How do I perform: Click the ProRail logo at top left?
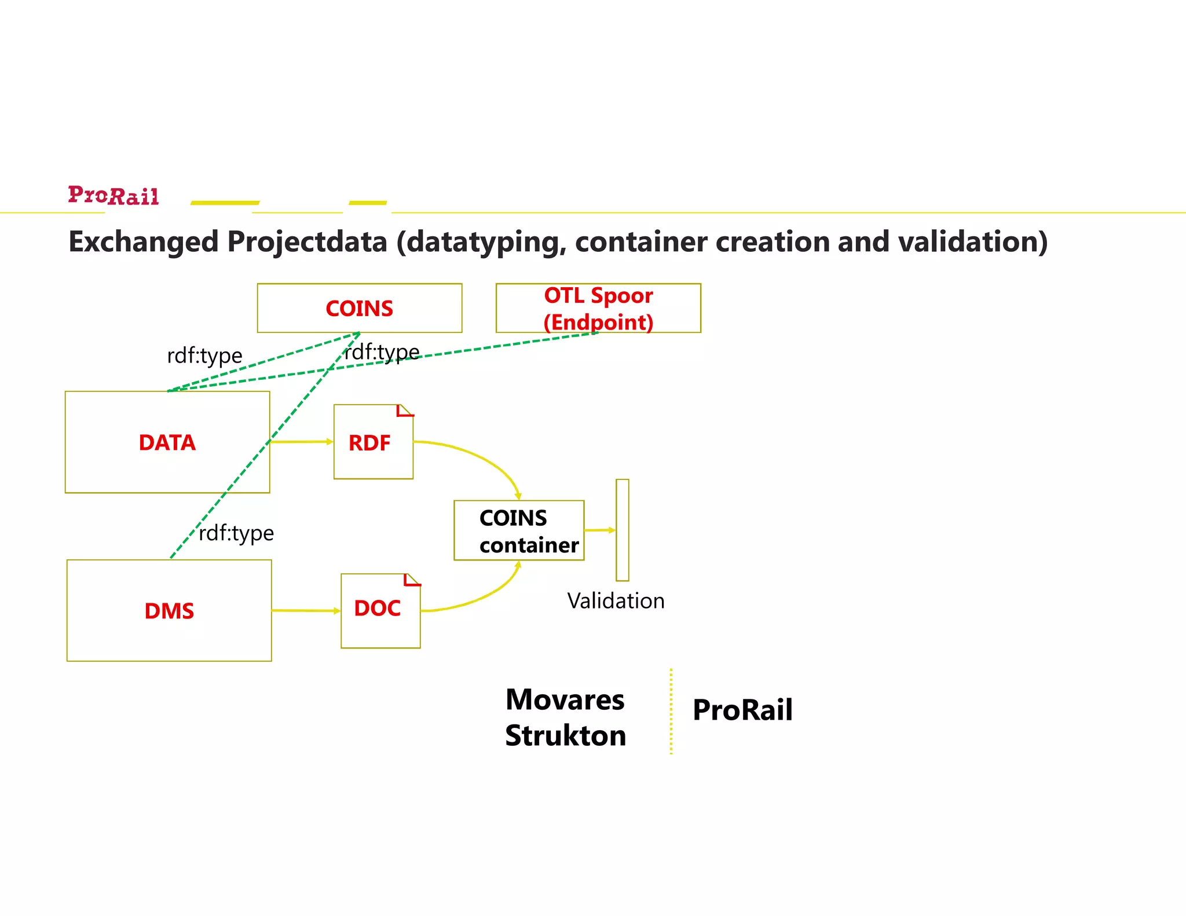[x=113, y=196]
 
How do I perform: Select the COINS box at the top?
[x=359, y=308]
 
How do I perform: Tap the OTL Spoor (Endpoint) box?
[x=598, y=308]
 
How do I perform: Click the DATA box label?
[x=167, y=442]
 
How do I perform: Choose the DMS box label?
[x=169, y=611]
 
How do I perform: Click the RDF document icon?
[x=373, y=442]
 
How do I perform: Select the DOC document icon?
[x=380, y=610]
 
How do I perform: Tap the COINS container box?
[x=519, y=530]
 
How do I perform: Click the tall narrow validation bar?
[x=622, y=530]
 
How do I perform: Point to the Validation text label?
[x=616, y=601]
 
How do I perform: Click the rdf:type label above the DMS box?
[x=236, y=533]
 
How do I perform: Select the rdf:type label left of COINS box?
[x=204, y=356]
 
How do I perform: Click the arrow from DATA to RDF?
[x=301, y=442]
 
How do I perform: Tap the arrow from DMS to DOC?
[x=306, y=610]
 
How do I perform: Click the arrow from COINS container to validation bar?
[x=599, y=530]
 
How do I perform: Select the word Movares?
[x=565, y=699]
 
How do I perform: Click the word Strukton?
[x=565, y=735]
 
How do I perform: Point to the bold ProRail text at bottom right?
[x=742, y=710]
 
